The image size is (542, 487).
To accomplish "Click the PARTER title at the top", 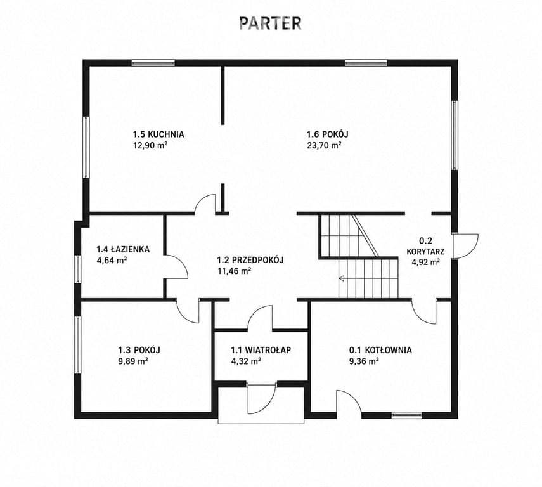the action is [x=270, y=23].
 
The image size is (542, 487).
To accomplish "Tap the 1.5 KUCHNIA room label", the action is [x=158, y=134].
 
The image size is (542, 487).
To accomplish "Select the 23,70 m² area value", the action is [x=324, y=145].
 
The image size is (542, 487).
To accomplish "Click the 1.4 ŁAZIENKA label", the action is [x=123, y=249].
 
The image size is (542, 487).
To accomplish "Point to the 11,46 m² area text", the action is [x=234, y=271].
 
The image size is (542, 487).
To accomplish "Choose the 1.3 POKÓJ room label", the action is [x=139, y=349].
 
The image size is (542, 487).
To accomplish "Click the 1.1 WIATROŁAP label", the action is [x=261, y=350].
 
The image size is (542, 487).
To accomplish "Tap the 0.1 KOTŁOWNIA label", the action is [x=380, y=350].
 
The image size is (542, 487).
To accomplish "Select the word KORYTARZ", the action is [x=425, y=251].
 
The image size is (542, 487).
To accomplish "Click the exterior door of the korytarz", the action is [x=465, y=246].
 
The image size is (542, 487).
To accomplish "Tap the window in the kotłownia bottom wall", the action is [x=407, y=415].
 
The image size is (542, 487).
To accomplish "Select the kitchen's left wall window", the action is [x=86, y=147].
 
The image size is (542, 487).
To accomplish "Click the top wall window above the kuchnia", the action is [x=153, y=63].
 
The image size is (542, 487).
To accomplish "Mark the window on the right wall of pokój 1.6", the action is [x=455, y=135].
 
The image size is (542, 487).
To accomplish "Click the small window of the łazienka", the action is [x=78, y=269].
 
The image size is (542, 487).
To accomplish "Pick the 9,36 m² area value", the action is [x=364, y=361].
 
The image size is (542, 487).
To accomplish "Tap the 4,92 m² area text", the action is [x=425, y=262].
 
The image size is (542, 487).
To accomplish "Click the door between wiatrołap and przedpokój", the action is [x=261, y=318].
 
